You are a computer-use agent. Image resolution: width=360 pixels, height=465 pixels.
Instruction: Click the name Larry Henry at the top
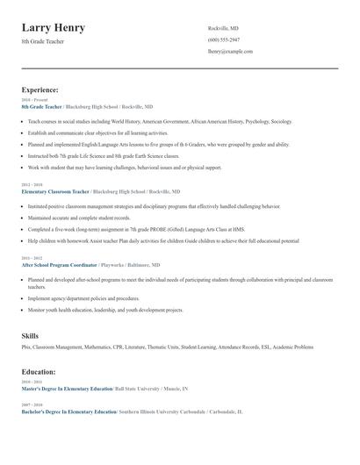point(54,28)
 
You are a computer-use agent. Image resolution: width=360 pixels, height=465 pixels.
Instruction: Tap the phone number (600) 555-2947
point(223,40)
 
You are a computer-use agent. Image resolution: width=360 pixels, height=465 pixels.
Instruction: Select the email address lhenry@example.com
point(230,52)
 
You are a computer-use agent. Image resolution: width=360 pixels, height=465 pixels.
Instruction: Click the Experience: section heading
point(40,89)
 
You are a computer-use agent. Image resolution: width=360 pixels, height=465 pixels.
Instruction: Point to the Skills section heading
point(31,335)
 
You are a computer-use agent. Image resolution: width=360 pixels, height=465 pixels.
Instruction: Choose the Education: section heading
point(39,371)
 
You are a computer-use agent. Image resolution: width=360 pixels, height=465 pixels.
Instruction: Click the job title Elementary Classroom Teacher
point(55,190)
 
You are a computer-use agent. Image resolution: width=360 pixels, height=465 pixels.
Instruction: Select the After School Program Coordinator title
point(60,264)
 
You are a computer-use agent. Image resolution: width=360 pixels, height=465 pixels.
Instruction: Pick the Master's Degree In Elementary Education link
point(67,389)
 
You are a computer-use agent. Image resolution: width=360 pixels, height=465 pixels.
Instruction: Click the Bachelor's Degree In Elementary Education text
point(68,411)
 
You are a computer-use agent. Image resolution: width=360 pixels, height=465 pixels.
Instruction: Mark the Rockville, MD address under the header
point(223,29)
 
